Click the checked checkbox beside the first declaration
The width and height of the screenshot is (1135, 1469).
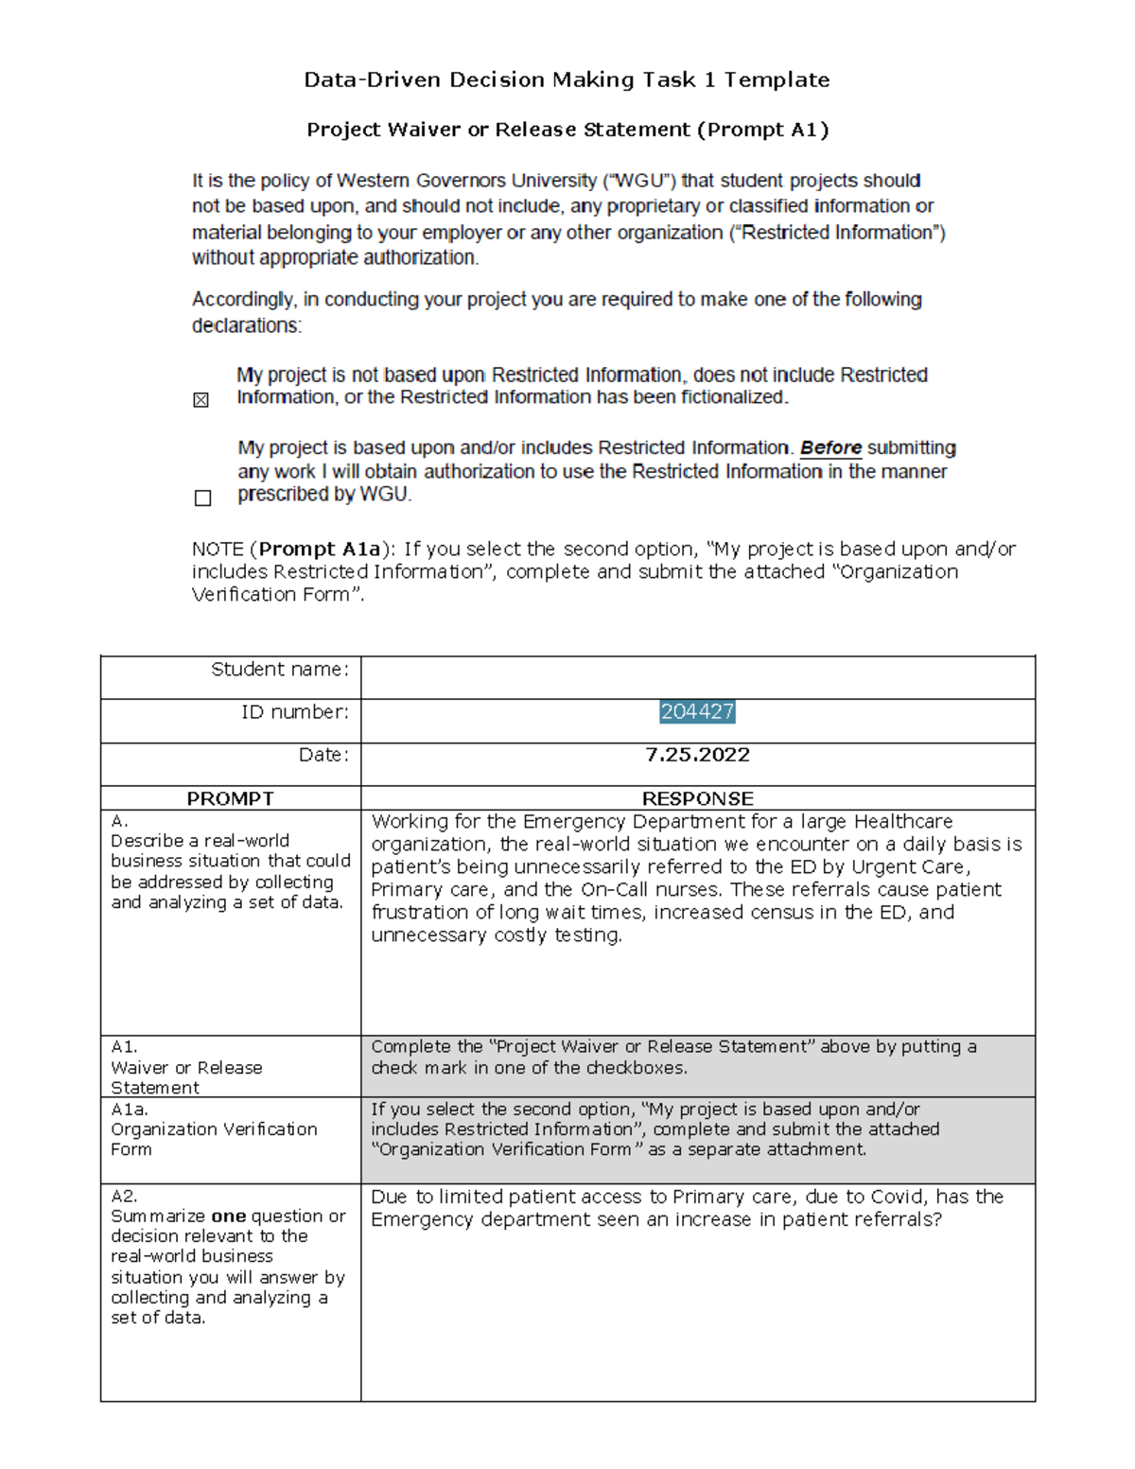click(x=201, y=400)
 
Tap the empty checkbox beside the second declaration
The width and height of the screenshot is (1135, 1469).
click(x=202, y=498)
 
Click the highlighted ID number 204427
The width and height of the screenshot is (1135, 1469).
click(x=697, y=712)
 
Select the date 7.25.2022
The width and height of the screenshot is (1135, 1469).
click(x=697, y=755)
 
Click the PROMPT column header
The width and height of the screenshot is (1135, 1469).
click(x=230, y=798)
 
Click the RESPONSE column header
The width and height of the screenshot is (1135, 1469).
click(x=697, y=798)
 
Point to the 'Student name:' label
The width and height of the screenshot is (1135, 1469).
click(x=280, y=670)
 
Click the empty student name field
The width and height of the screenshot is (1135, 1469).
click(x=697, y=677)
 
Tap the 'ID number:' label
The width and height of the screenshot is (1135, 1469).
click(x=295, y=712)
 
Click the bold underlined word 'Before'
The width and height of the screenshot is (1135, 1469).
click(x=830, y=447)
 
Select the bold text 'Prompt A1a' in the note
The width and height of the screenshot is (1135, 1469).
click(x=320, y=549)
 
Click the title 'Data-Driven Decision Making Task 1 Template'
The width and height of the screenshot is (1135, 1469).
click(x=567, y=80)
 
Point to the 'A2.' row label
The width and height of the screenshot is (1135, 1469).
click(x=124, y=1196)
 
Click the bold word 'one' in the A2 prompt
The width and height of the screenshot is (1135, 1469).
click(x=229, y=1216)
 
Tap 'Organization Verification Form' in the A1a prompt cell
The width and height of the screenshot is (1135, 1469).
click(x=214, y=1139)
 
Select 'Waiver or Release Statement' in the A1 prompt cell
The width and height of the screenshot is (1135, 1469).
click(x=186, y=1077)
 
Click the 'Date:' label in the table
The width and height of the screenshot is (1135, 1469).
click(x=323, y=755)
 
